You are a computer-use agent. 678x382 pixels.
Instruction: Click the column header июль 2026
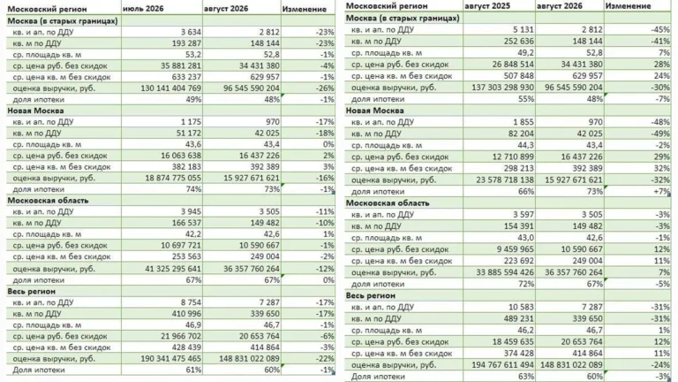click(143, 9)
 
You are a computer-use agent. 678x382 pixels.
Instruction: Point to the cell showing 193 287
click(186, 43)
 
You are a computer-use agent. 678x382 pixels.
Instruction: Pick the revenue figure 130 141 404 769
click(170, 88)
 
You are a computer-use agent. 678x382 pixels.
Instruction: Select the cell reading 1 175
click(191, 122)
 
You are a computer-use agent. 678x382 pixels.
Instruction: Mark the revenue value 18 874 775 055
click(173, 178)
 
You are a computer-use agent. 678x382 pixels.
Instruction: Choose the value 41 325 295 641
click(173, 269)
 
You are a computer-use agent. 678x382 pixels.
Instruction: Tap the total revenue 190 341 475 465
click(170, 359)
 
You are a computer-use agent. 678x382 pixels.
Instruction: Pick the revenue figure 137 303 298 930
click(502, 87)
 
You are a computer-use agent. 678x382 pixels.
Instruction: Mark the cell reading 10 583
click(521, 307)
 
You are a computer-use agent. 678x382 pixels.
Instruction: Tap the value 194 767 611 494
click(502, 364)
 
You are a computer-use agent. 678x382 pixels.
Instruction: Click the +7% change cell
click(661, 191)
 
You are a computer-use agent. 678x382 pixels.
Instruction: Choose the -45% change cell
click(660, 29)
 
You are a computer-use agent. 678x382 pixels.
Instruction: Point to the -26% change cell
click(325, 88)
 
